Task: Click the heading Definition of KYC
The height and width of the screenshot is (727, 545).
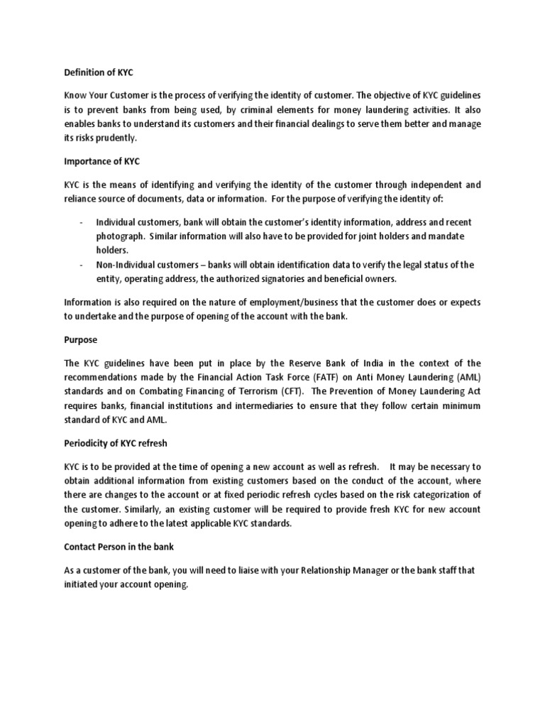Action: (x=99, y=73)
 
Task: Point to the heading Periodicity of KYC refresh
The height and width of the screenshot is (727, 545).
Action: (x=116, y=444)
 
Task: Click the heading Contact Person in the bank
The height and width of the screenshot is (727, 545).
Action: (x=119, y=547)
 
